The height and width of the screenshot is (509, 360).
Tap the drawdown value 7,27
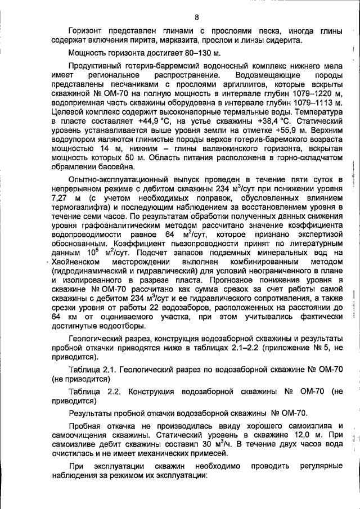click(x=59, y=199)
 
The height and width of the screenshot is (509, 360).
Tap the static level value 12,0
click(x=289, y=436)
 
